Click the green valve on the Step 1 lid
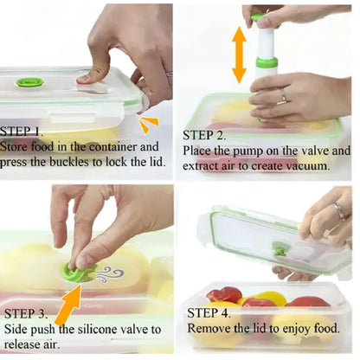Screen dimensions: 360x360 click(x=29, y=83)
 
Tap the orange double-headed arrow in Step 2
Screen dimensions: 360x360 click(x=239, y=55)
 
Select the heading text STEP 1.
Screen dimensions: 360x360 click(x=21, y=132)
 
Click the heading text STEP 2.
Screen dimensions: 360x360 click(x=204, y=135)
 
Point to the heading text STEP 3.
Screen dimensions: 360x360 click(x=26, y=313)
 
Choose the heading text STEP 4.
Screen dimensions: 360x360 click(x=209, y=313)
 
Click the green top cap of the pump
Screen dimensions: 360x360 click(x=258, y=16)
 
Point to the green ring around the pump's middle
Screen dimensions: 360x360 click(x=267, y=62)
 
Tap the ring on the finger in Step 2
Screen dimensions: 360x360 click(x=283, y=96)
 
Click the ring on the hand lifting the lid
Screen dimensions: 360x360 click(x=338, y=210)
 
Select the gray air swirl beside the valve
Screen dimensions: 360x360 click(x=110, y=274)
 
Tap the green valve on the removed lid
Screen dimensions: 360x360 click(x=280, y=249)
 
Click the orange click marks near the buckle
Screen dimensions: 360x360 click(x=149, y=125)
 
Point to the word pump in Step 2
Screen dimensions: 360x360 click(x=247, y=152)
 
